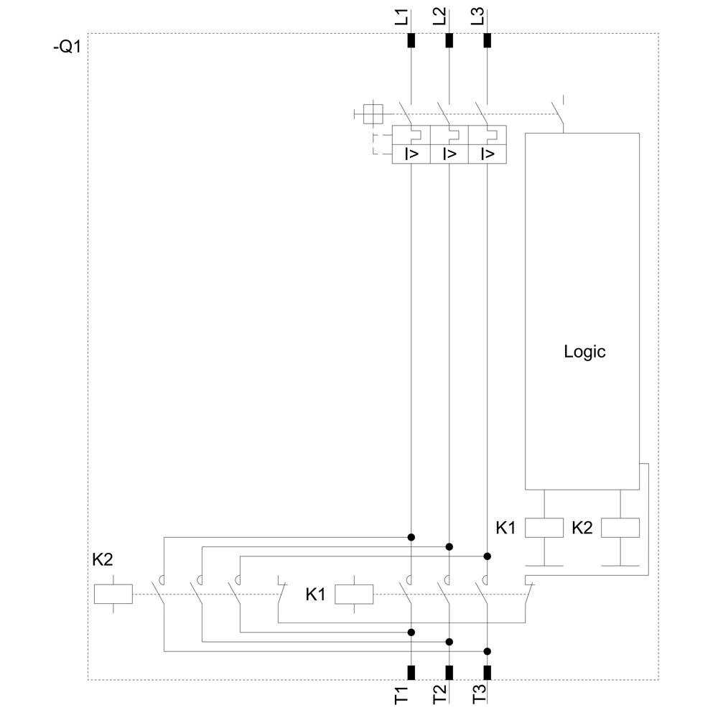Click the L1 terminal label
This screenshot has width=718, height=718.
click(x=402, y=17)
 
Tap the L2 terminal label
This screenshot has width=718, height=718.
click(x=440, y=17)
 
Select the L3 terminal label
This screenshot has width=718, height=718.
click(x=478, y=17)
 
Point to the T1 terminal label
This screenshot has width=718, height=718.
click(x=402, y=694)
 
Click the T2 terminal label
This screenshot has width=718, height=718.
click(x=440, y=694)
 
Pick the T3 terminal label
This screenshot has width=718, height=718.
click(x=479, y=694)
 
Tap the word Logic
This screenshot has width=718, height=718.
click(x=584, y=352)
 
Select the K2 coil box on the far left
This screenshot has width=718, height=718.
click(x=113, y=594)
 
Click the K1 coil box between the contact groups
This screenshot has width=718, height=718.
click(x=355, y=594)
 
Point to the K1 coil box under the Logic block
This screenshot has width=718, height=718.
click(x=544, y=528)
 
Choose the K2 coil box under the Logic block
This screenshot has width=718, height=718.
click(x=620, y=528)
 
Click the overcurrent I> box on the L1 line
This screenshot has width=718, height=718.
click(x=411, y=154)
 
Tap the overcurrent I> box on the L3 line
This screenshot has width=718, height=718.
click(x=488, y=154)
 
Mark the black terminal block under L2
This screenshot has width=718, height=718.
click(x=449, y=40)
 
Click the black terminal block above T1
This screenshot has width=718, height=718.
click(x=411, y=672)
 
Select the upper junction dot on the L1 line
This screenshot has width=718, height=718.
click(x=411, y=537)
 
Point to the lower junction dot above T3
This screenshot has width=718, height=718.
click(x=488, y=651)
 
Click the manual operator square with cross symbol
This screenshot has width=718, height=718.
click(x=373, y=113)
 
